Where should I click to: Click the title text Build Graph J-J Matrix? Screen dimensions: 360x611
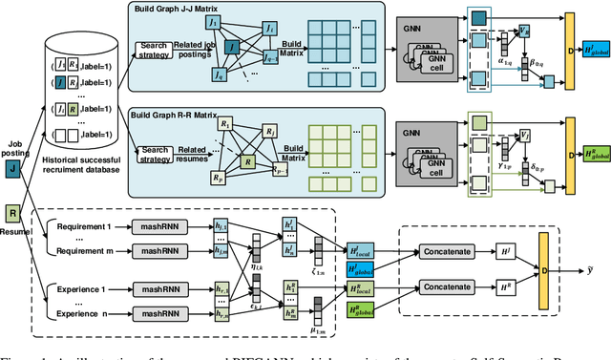[x=191, y=9]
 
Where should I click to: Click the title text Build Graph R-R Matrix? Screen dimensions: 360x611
[x=191, y=112]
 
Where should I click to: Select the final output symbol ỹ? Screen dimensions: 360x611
[x=593, y=269]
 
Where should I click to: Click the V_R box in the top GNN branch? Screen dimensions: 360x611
[x=523, y=32]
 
